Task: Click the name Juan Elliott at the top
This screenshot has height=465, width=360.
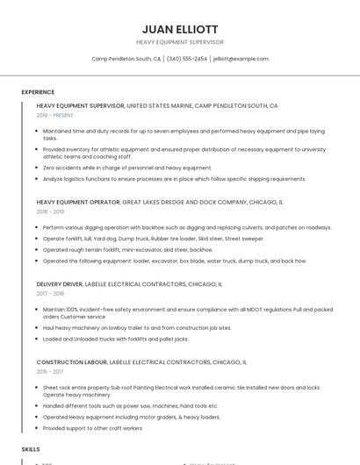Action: [x=180, y=29]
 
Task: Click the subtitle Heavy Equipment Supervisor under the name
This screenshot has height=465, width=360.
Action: [x=180, y=42]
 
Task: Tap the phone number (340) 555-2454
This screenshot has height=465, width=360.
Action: [x=186, y=59]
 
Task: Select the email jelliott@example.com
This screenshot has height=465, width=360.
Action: [x=241, y=59]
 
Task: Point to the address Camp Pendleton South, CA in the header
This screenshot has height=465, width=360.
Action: [x=126, y=59]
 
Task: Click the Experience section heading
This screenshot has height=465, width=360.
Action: [x=38, y=91]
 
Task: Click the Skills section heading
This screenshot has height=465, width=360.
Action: [x=31, y=448]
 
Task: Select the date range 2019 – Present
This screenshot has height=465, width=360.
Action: [x=55, y=115]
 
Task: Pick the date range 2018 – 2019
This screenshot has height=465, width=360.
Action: [x=50, y=211]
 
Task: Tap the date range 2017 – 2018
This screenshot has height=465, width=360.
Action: [x=50, y=294]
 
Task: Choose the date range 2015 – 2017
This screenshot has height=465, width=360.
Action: [x=50, y=371]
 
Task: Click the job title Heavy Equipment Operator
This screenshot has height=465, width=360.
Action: [x=78, y=202]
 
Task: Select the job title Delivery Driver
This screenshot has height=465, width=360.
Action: [x=60, y=284]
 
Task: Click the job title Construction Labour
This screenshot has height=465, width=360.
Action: [x=72, y=361]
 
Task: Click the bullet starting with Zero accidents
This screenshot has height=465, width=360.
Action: [x=127, y=168]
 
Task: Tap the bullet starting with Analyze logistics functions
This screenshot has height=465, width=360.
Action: [x=174, y=179]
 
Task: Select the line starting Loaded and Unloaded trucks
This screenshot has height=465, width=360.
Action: [x=115, y=339]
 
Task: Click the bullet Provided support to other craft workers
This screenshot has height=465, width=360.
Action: [x=92, y=428]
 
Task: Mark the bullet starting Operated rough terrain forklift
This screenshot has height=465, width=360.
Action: [x=127, y=249]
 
